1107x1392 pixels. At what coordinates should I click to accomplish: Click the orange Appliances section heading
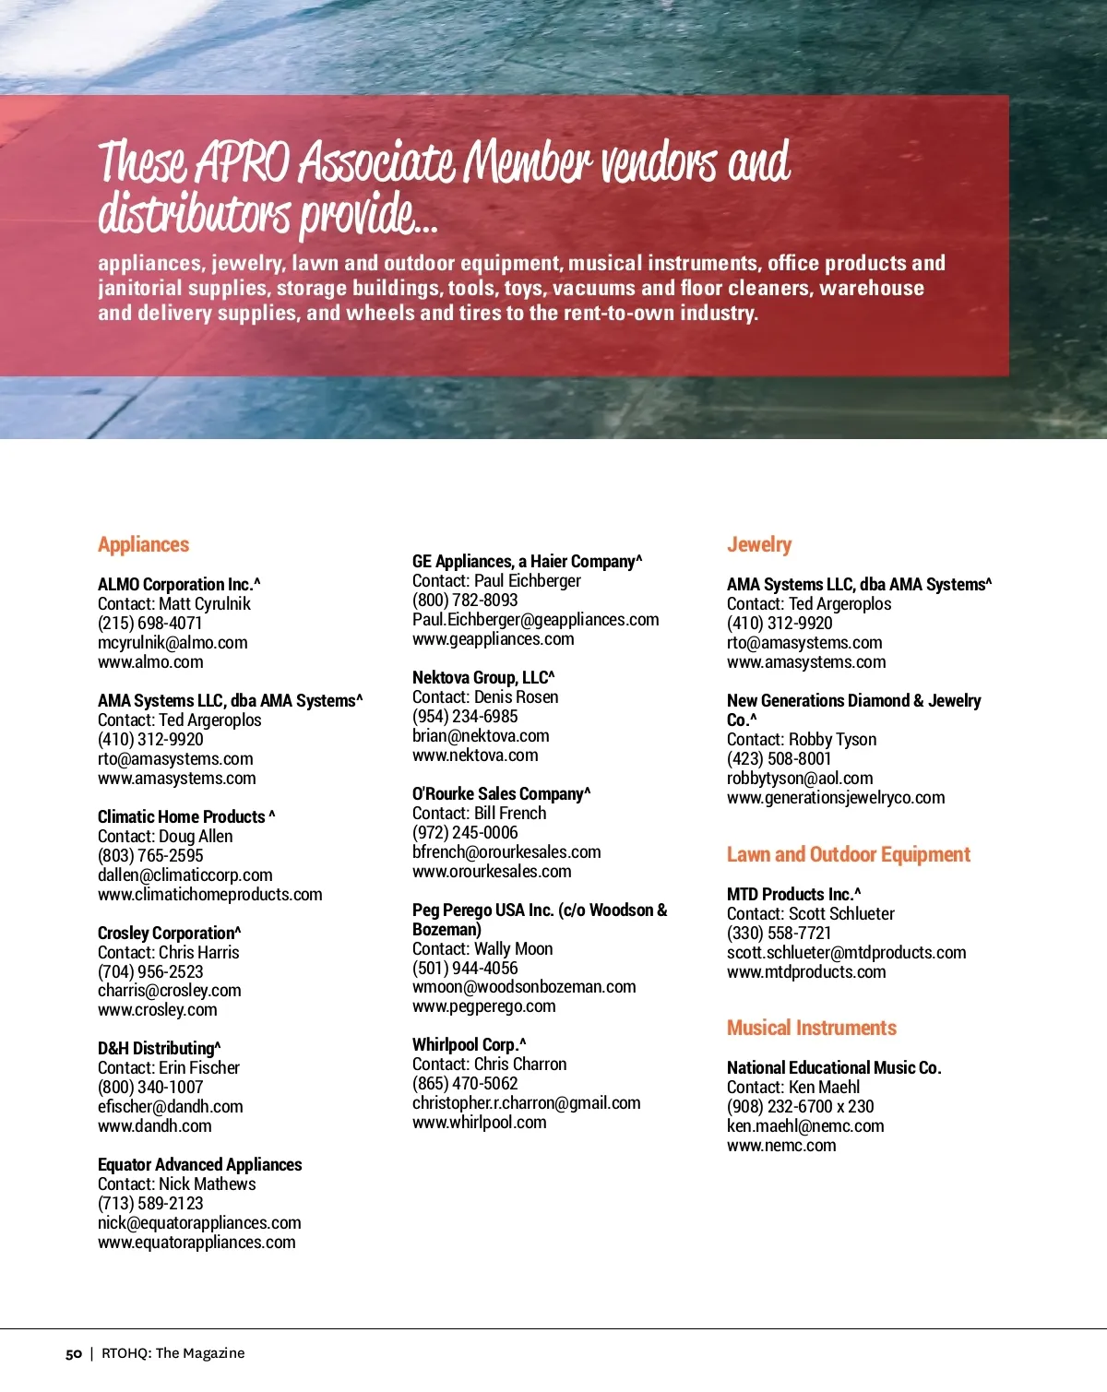(143, 544)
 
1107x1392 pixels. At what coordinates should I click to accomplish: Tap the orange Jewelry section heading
(758, 544)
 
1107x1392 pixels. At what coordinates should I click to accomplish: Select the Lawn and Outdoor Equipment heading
(848, 854)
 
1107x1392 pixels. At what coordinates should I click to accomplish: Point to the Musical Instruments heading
(811, 1028)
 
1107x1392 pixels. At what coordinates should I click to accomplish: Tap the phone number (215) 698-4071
(150, 623)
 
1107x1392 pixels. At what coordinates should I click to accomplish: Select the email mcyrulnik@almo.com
(173, 642)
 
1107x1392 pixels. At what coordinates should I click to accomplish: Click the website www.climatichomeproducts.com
(210, 894)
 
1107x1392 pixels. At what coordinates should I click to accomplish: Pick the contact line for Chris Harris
(168, 952)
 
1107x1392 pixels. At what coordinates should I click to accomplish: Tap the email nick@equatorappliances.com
(199, 1222)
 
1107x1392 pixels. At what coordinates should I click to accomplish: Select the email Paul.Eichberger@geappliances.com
(535, 619)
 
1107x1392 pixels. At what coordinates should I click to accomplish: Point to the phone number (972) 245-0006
(465, 832)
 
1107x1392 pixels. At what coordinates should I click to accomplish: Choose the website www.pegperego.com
(483, 1005)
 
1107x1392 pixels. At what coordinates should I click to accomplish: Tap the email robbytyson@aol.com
(799, 778)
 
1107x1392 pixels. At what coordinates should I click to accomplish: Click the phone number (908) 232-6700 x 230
(800, 1106)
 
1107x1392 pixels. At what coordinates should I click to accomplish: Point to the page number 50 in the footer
(74, 1353)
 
